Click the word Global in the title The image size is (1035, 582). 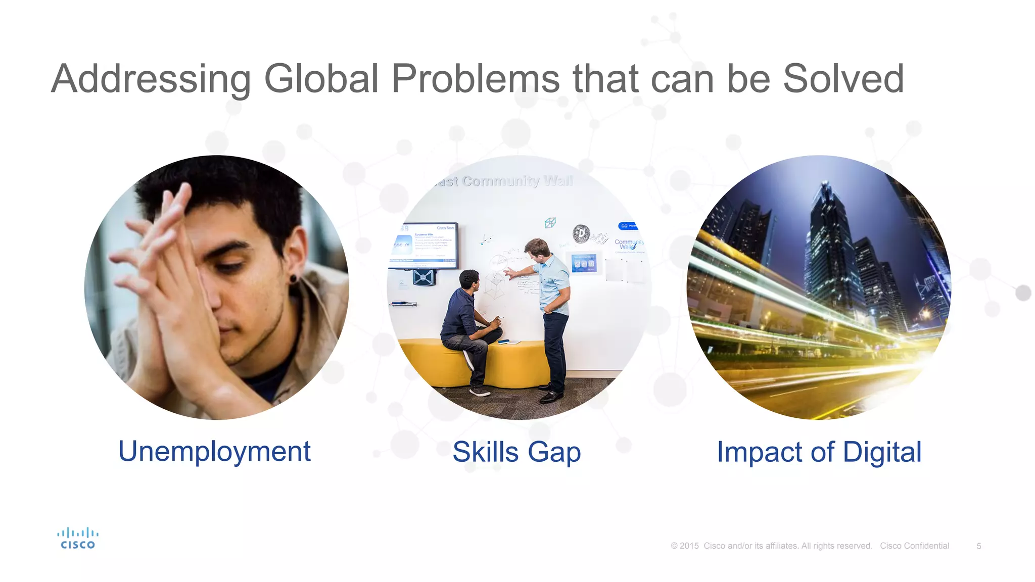(321, 79)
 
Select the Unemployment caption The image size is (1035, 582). (214, 451)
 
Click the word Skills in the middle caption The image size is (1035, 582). (485, 452)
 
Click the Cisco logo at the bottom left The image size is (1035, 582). (77, 538)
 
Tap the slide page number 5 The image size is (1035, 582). (978, 546)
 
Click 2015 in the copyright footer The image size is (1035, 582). (689, 546)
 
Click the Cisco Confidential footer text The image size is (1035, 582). (914, 546)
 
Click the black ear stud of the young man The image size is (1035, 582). (294, 279)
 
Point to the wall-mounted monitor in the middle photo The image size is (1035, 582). (425, 246)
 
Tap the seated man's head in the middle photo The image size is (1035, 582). (469, 280)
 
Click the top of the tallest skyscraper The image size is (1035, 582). (826, 185)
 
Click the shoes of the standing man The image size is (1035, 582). (551, 396)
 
